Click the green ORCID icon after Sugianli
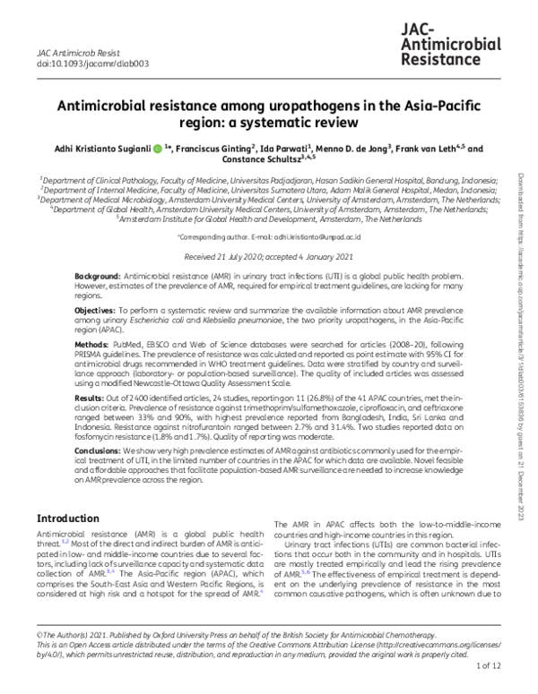tap(157, 149)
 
